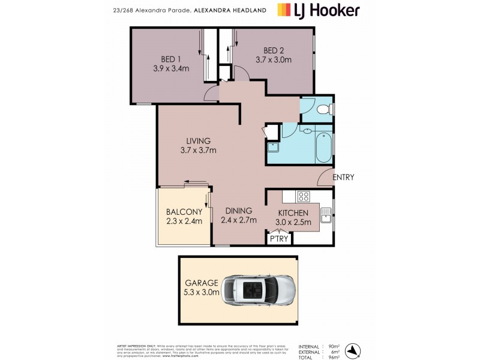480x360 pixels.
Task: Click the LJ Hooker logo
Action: coord(319,10)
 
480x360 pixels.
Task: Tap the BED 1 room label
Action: coord(171,59)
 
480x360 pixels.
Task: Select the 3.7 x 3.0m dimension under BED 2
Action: coord(273,59)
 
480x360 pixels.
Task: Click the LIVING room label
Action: coord(198,141)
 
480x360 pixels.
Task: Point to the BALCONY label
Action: coord(184,212)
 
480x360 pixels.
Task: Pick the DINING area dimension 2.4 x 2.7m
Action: coord(239,220)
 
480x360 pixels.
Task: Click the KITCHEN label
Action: coord(293,213)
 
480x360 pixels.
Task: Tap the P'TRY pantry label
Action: coord(280,239)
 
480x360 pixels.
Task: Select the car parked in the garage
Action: coord(258,289)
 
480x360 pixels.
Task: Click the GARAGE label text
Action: coord(201,283)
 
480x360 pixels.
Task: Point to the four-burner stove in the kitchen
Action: coord(303,196)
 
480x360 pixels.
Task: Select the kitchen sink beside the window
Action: coord(326,215)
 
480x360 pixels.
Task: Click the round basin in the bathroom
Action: coord(307,131)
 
